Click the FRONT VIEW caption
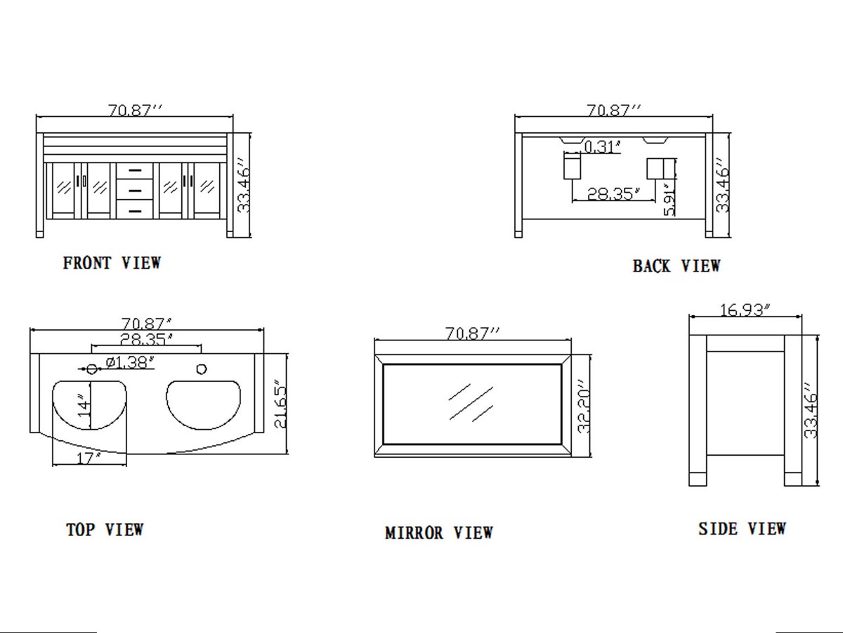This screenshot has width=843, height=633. (112, 263)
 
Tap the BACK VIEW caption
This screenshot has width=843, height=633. (677, 266)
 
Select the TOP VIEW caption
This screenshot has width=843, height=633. (105, 530)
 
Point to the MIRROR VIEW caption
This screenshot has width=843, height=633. (439, 532)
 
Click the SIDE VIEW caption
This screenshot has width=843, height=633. (742, 529)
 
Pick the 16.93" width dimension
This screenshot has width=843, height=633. (745, 309)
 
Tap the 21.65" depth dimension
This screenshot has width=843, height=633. (281, 404)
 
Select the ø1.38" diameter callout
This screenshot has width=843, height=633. (130, 362)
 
